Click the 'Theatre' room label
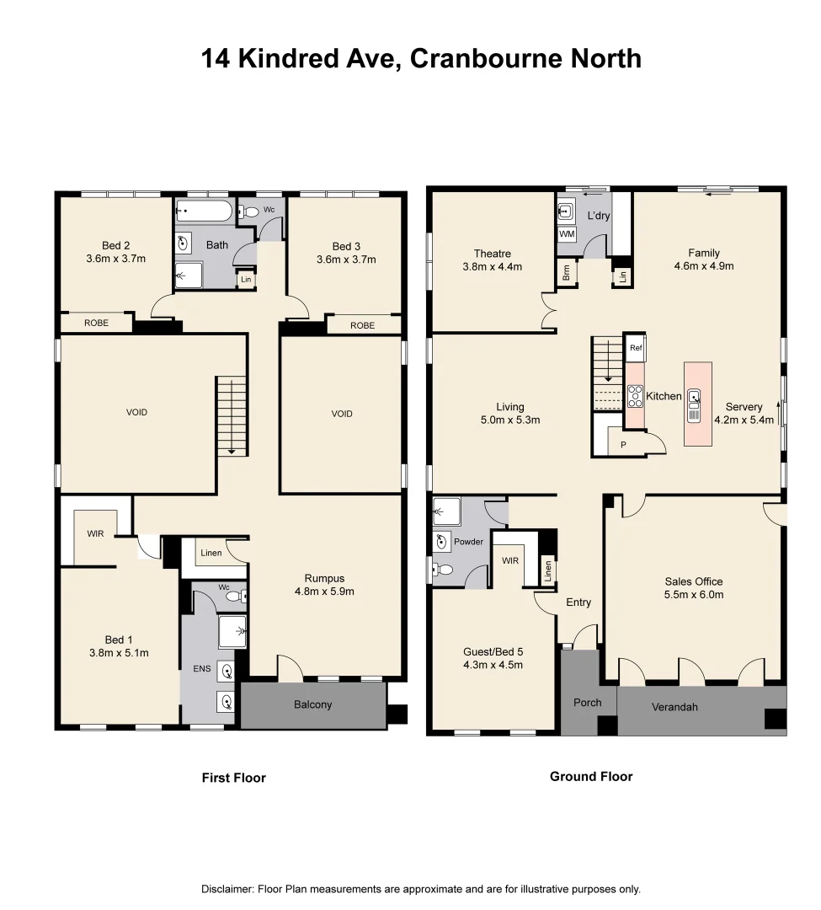click(492, 253)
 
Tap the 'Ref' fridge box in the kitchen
click(636, 347)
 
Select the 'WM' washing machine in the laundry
click(567, 233)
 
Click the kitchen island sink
click(694, 396)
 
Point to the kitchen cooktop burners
click(635, 395)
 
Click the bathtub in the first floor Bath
click(202, 211)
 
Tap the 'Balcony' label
click(312, 704)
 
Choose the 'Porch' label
click(588, 703)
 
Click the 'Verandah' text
click(674, 707)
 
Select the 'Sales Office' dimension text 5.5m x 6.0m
click(694, 594)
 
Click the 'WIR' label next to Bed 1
click(95, 533)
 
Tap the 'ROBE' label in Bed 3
click(362, 324)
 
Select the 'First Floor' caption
click(233, 778)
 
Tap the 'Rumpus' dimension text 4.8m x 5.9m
click(324, 591)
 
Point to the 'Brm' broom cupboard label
click(566, 273)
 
